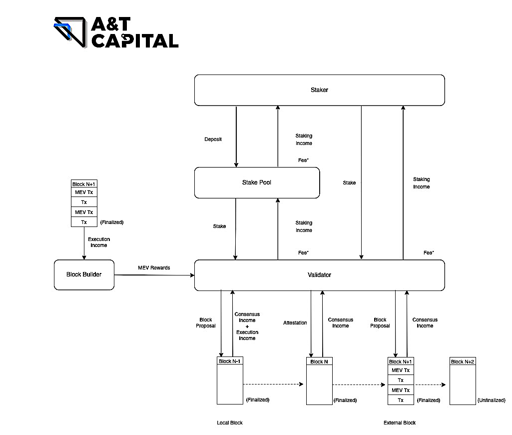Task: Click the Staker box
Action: [x=319, y=90]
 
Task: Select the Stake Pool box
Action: [x=257, y=182]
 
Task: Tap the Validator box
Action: [x=319, y=275]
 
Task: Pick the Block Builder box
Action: [x=84, y=274]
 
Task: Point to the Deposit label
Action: [x=213, y=139]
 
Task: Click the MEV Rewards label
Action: [x=154, y=268]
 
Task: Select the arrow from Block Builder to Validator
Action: [x=154, y=275]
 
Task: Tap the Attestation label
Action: [x=295, y=323]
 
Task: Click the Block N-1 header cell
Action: [x=230, y=361]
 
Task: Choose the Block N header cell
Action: [x=319, y=361]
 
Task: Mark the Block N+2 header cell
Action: [x=463, y=361]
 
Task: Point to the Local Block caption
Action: [x=230, y=423]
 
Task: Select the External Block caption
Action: [x=400, y=423]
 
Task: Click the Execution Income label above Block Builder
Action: [x=99, y=242]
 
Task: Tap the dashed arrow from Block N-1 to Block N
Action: [x=274, y=384]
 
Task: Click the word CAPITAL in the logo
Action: [x=135, y=40]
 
